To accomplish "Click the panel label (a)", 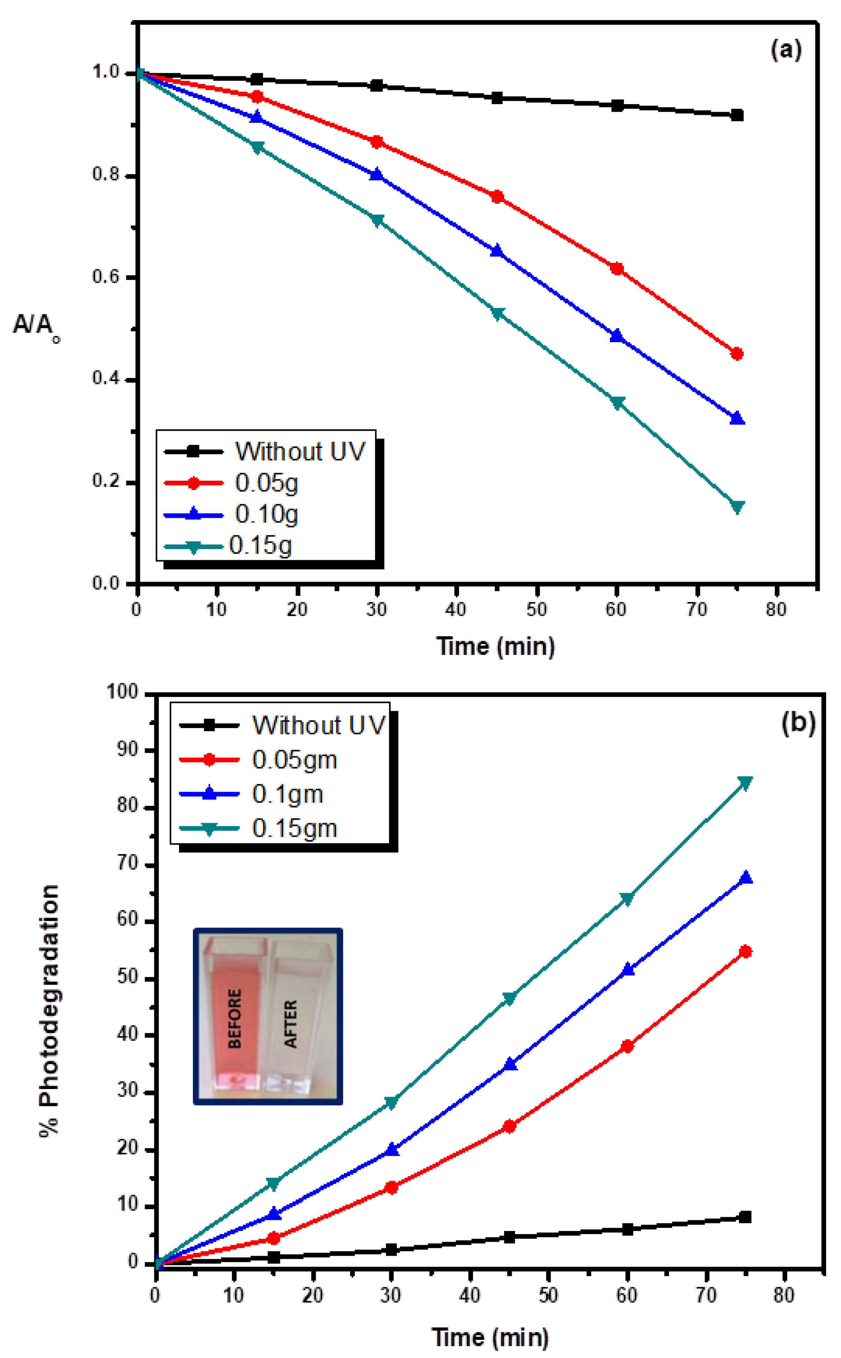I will click(785, 50).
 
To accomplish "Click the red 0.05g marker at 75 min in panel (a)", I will click(737, 354).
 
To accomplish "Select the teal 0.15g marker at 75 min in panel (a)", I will click(737, 506).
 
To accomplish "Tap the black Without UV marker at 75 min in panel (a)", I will click(737, 115).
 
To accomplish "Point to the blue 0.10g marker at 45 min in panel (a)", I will click(497, 251).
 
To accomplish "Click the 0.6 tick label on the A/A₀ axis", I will click(106, 277).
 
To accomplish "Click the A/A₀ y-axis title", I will click(35, 326).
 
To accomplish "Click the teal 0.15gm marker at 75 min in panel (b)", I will click(745, 783).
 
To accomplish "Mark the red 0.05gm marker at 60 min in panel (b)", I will click(627, 1046).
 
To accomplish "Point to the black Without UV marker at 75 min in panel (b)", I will click(745, 1217).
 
